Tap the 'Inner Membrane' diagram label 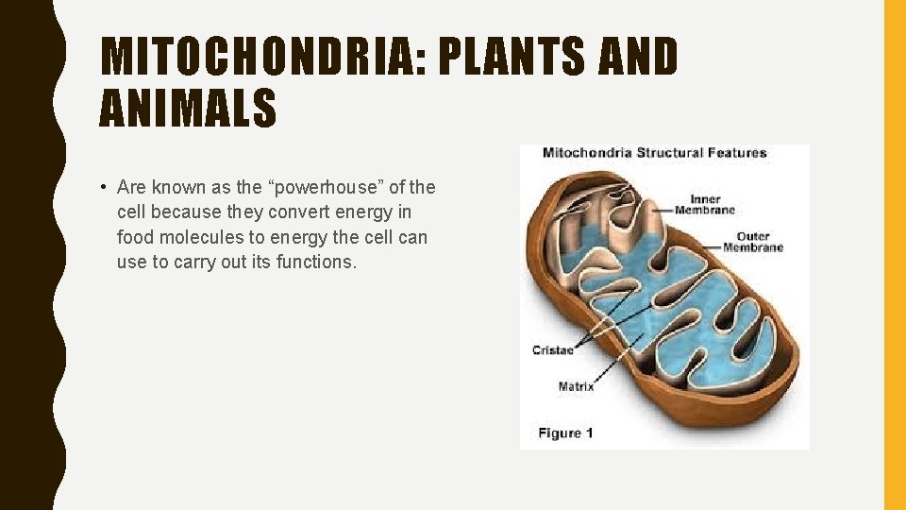click(705, 204)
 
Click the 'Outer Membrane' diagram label click(752, 242)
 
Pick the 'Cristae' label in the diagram click(552, 350)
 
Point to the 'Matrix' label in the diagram click(576, 386)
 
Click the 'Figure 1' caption click(565, 433)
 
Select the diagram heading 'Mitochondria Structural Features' click(654, 153)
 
